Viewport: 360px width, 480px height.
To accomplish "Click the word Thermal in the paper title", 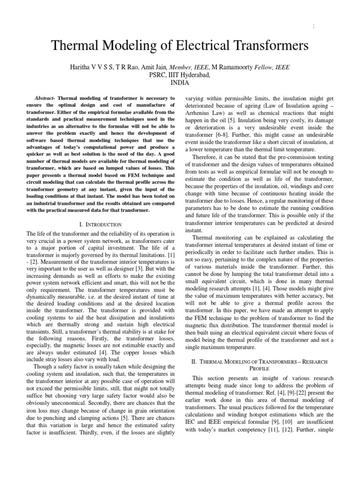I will pos(75,46).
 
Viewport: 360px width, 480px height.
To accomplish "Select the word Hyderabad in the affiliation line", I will pos(195,75).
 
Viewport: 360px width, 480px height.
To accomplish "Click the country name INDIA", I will pos(180,82).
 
